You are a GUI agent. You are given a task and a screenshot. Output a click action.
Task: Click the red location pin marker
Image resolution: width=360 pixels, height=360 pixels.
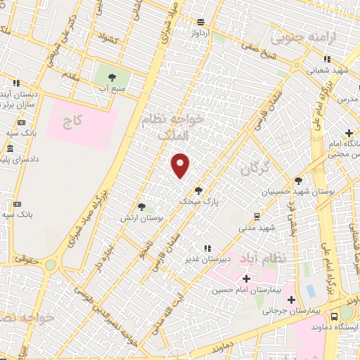tap(181, 165)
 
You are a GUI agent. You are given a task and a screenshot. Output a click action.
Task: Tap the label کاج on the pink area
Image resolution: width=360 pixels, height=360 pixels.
tap(73, 121)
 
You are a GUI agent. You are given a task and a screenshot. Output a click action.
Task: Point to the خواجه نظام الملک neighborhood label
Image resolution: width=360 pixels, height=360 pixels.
tap(173, 127)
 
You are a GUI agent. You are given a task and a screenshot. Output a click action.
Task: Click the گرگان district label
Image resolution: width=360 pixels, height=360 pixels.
tap(254, 169)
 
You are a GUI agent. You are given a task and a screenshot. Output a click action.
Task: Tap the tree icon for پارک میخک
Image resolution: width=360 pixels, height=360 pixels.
tap(199, 189)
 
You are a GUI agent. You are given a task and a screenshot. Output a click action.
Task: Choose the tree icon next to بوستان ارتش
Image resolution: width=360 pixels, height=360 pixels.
tap(142, 207)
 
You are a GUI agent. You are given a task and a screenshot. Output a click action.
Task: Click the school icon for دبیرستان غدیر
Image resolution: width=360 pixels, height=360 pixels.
tap(207, 248)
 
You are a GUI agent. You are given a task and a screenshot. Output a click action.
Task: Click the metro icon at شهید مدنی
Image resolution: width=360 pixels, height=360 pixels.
tap(257, 216)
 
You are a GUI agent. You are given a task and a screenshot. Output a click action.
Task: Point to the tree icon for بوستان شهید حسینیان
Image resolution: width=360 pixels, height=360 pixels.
tap(298, 181)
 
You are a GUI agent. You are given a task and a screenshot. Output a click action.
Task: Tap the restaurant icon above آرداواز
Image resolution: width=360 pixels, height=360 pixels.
tap(201, 22)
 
